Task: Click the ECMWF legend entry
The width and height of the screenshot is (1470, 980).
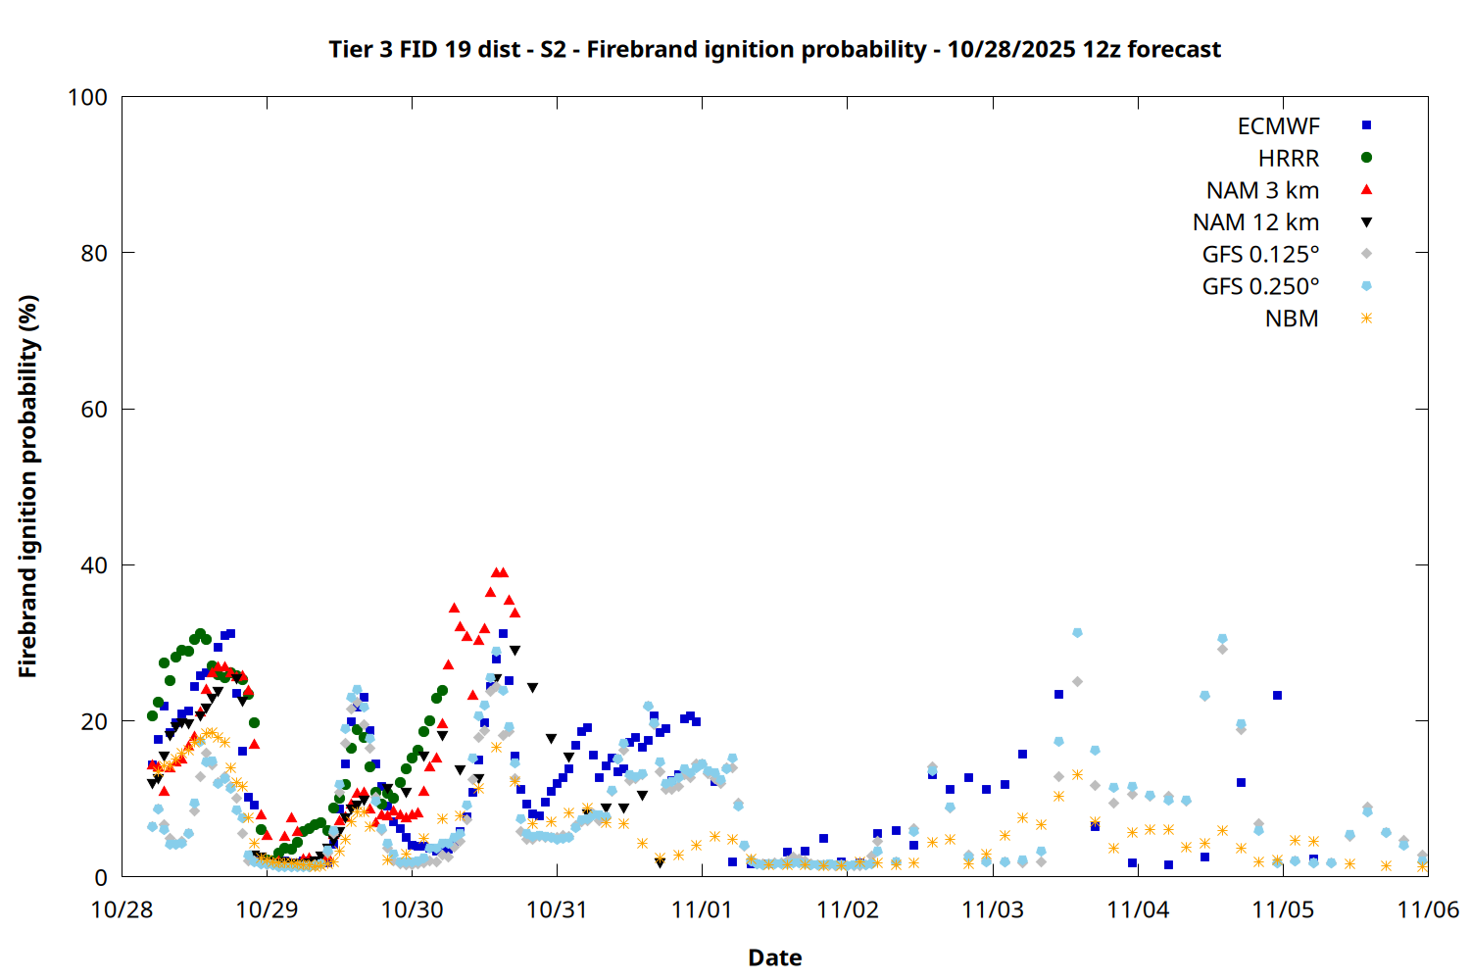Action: click(x=1278, y=126)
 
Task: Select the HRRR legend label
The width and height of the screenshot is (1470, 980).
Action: click(x=1289, y=158)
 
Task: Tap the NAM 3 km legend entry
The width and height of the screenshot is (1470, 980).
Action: click(x=1262, y=190)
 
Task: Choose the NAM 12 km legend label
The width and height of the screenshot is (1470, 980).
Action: click(x=1255, y=222)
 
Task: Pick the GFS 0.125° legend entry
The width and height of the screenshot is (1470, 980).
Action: click(x=1260, y=254)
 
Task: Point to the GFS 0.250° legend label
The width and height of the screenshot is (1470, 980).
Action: click(x=1260, y=286)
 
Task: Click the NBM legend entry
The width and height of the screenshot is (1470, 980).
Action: click(x=1292, y=318)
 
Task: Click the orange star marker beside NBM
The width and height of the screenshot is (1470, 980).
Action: click(x=1366, y=318)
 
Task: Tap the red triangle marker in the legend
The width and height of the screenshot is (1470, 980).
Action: click(x=1366, y=190)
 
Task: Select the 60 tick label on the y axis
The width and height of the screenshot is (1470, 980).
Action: click(x=94, y=409)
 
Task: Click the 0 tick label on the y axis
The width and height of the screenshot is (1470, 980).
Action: click(x=101, y=876)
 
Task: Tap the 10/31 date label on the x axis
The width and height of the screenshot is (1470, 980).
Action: click(x=558, y=909)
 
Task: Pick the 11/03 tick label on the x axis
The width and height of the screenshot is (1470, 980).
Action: click(x=992, y=909)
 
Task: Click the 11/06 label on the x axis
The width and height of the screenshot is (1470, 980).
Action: click(x=1428, y=909)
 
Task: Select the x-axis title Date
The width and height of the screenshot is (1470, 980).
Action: click(x=775, y=957)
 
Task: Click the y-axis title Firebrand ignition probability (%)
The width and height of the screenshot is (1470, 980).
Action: click(x=27, y=486)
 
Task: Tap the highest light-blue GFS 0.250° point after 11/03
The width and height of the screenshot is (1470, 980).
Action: click(x=1077, y=633)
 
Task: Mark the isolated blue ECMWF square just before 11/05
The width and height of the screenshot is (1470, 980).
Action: click(x=1277, y=695)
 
